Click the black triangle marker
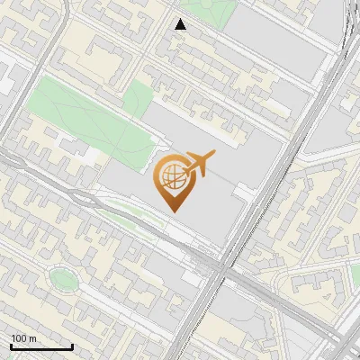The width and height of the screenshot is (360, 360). (181, 25)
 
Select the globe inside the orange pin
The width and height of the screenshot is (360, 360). (171, 176)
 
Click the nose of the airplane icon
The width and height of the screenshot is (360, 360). (214, 155)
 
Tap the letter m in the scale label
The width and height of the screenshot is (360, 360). (32, 338)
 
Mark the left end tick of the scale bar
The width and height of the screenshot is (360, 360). (10, 346)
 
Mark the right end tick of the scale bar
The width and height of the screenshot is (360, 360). (72, 346)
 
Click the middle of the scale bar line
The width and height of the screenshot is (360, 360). (40, 347)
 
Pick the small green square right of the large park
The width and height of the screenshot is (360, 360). (139, 97)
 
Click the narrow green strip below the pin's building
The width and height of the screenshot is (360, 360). (135, 216)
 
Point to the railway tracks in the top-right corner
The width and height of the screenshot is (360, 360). (346, 36)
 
